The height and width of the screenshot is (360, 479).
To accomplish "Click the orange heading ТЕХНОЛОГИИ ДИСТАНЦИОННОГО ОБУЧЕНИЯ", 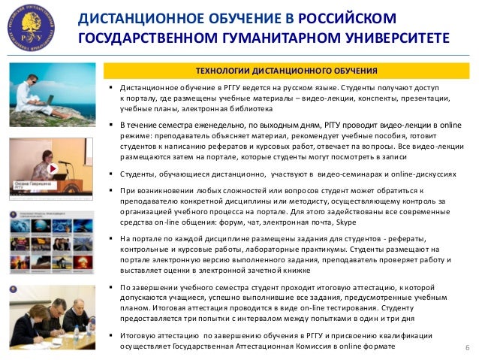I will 286,71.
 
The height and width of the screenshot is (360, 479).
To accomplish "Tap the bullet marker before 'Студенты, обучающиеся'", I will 110,174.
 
